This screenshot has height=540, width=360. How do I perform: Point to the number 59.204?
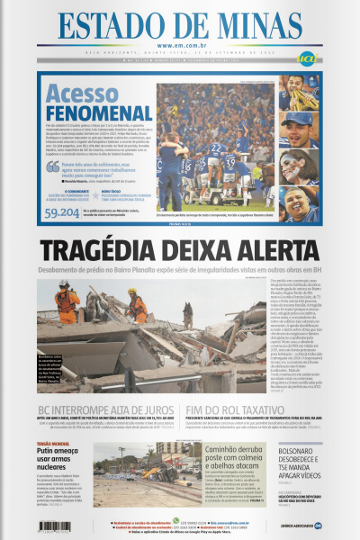click(x=61, y=211)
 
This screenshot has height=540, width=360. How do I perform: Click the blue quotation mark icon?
click(x=53, y=168)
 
